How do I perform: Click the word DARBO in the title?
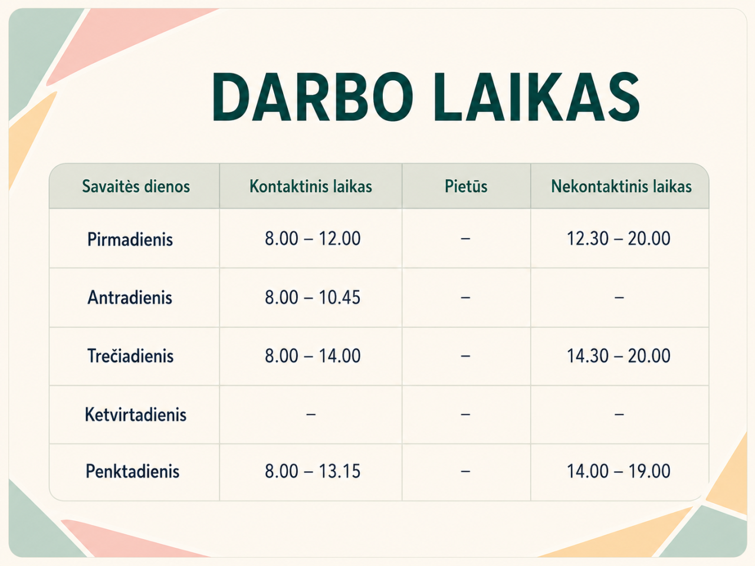click(x=312, y=97)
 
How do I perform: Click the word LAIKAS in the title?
click(x=537, y=97)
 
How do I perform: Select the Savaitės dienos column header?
click(x=136, y=187)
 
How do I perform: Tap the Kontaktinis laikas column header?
click(x=311, y=187)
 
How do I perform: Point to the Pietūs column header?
click(x=466, y=186)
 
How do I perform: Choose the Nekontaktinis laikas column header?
click(x=621, y=187)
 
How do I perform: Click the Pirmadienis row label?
click(x=130, y=239)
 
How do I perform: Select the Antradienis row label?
click(x=130, y=298)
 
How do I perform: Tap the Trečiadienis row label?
click(x=130, y=356)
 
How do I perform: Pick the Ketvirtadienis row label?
click(x=136, y=414)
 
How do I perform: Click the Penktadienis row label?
click(x=133, y=471)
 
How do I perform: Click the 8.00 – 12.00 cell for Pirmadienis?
click(x=313, y=239)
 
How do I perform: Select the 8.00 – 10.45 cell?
click(x=313, y=297)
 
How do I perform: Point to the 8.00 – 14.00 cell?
click(x=313, y=356)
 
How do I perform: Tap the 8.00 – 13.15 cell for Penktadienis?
click(x=313, y=471)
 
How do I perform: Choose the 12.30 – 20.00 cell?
click(x=618, y=239)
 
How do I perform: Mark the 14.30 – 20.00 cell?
click(x=618, y=356)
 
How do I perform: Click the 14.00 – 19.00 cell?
click(x=618, y=471)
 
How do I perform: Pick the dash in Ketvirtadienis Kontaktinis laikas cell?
click(x=311, y=414)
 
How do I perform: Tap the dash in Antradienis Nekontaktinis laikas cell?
click(x=619, y=297)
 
